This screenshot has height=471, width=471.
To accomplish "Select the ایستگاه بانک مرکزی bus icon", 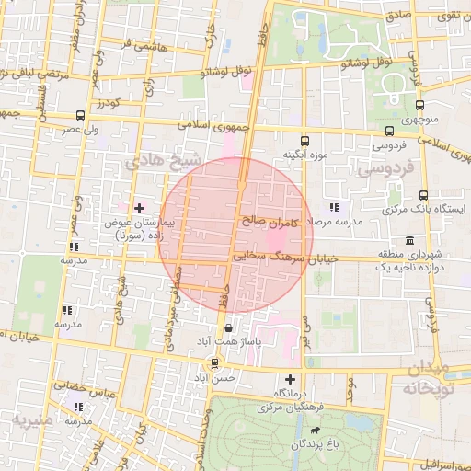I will click(423, 195).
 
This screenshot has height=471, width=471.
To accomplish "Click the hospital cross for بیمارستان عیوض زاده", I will click(139, 208).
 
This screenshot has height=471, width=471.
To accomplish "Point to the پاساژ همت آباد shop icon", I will click(228, 327).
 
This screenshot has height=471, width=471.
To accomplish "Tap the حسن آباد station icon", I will click(214, 362).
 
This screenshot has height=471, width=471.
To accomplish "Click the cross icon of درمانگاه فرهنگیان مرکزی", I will click(291, 379).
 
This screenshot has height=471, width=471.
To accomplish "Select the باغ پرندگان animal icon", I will click(316, 430).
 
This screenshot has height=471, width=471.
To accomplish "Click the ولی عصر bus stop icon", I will click(80, 117).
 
